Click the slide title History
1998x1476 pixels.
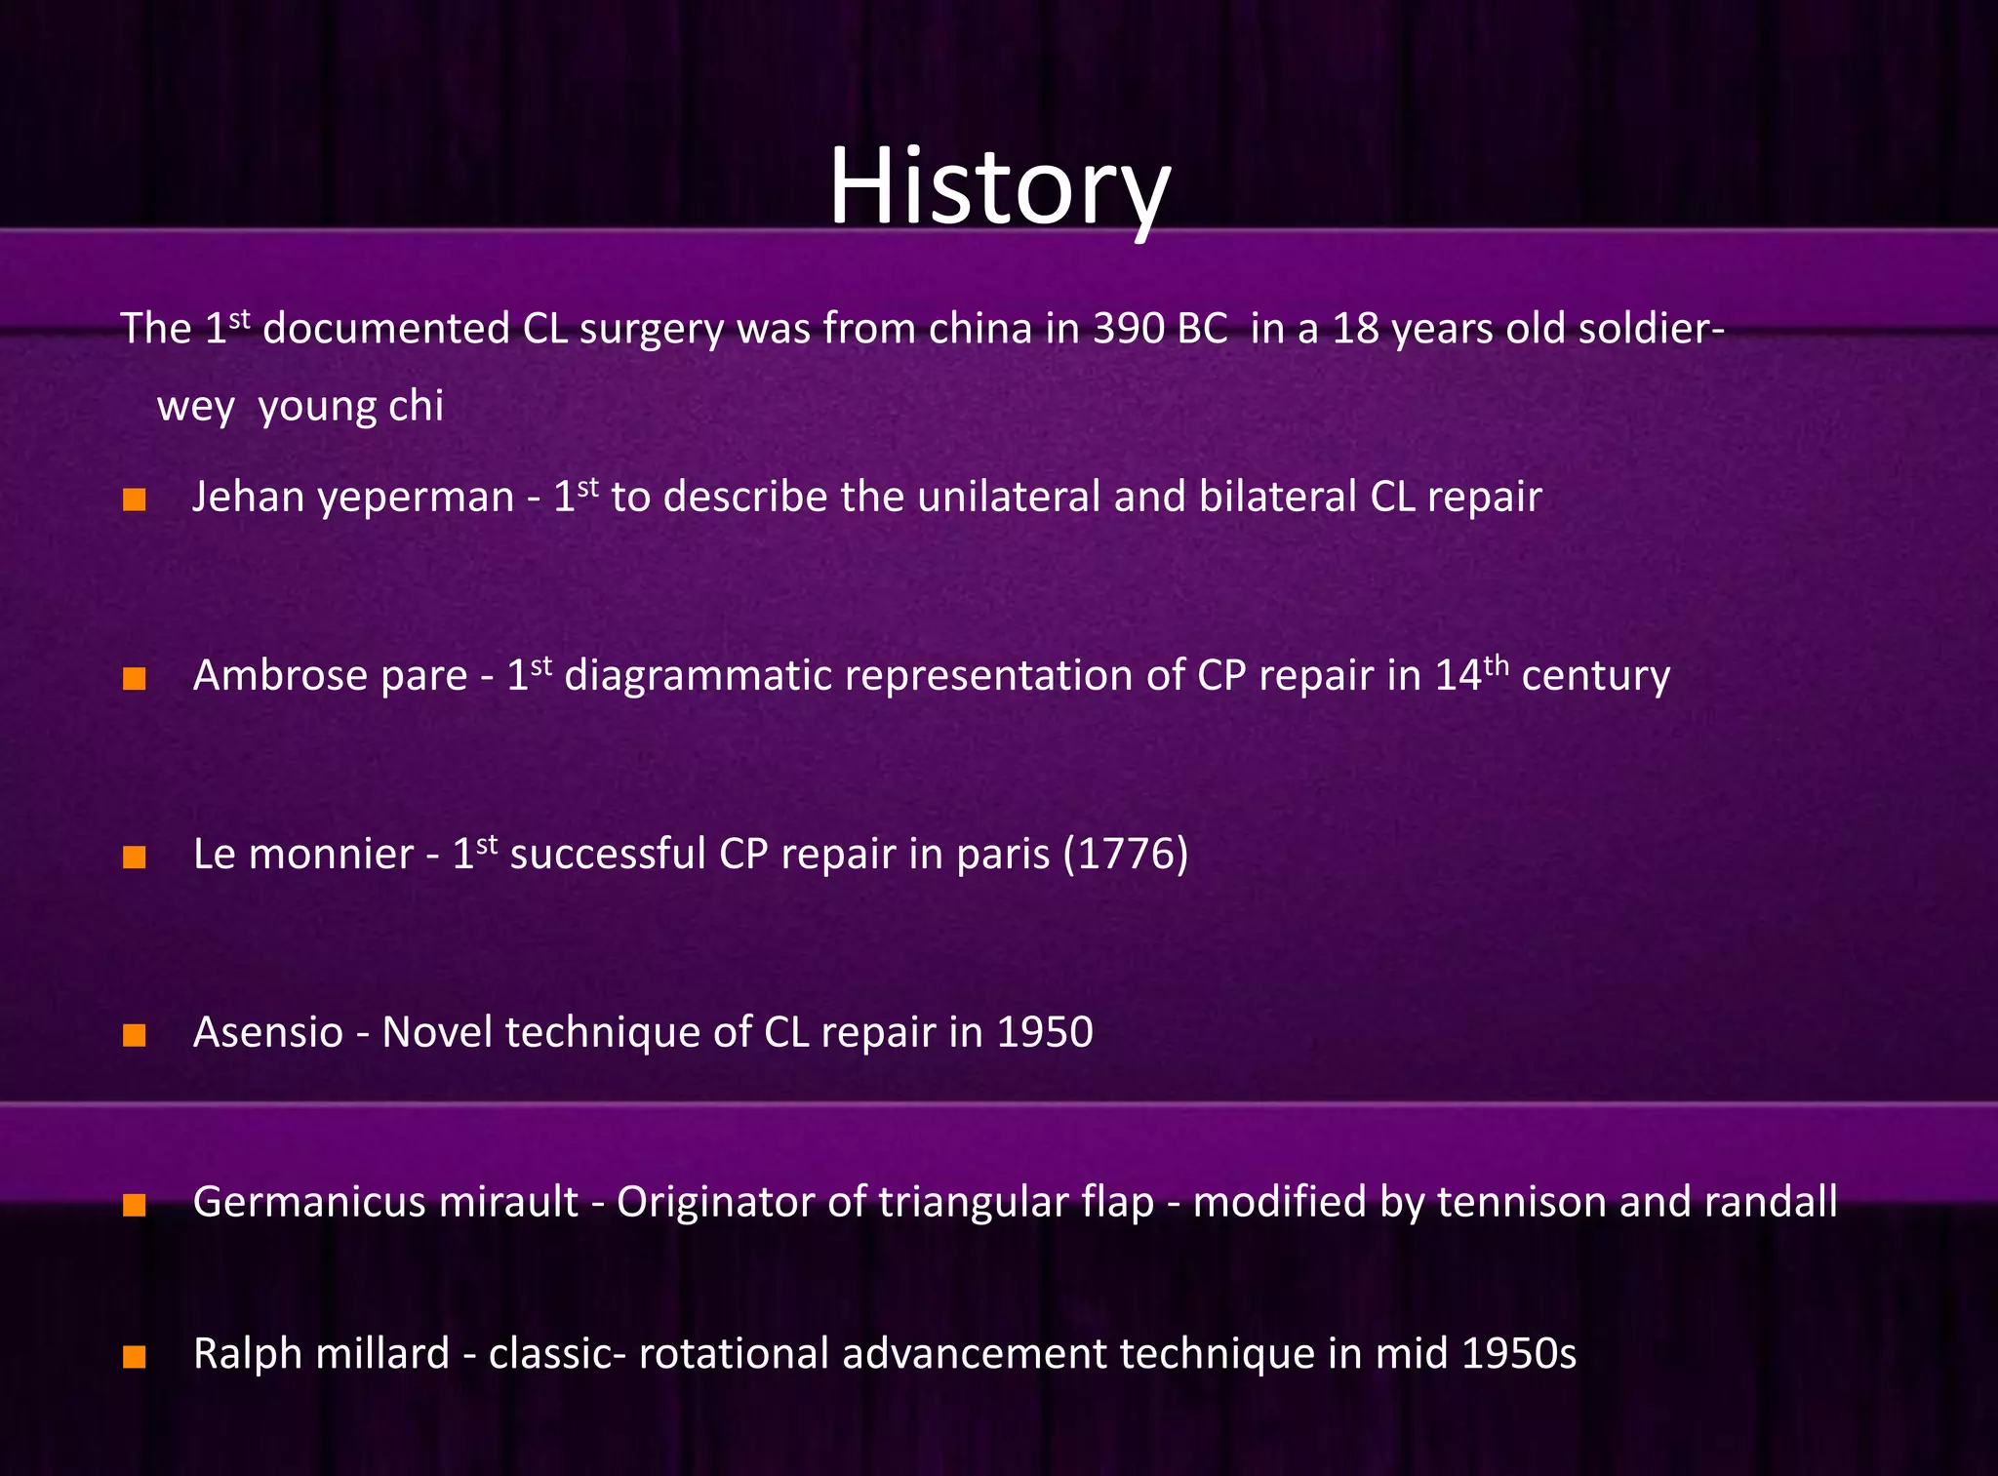click(999, 187)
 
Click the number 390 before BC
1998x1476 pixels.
click(1133, 329)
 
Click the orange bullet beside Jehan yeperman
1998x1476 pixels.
click(135, 500)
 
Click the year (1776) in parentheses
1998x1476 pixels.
click(1125, 854)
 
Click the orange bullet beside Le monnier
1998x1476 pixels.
click(135, 858)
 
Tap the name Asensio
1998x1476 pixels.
click(268, 1032)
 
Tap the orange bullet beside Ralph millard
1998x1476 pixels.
click(135, 1357)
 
